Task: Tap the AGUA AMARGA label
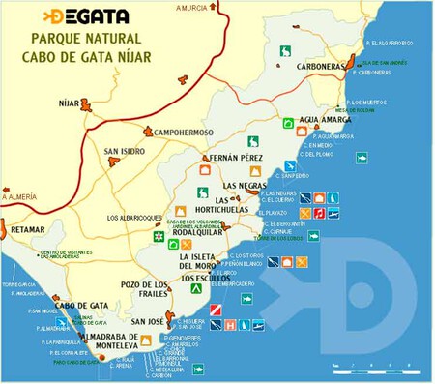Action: tap(322, 119)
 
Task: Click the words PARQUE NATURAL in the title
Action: tap(87, 40)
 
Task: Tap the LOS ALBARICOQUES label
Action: tap(135, 218)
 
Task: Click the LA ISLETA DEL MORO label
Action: tap(203, 259)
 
